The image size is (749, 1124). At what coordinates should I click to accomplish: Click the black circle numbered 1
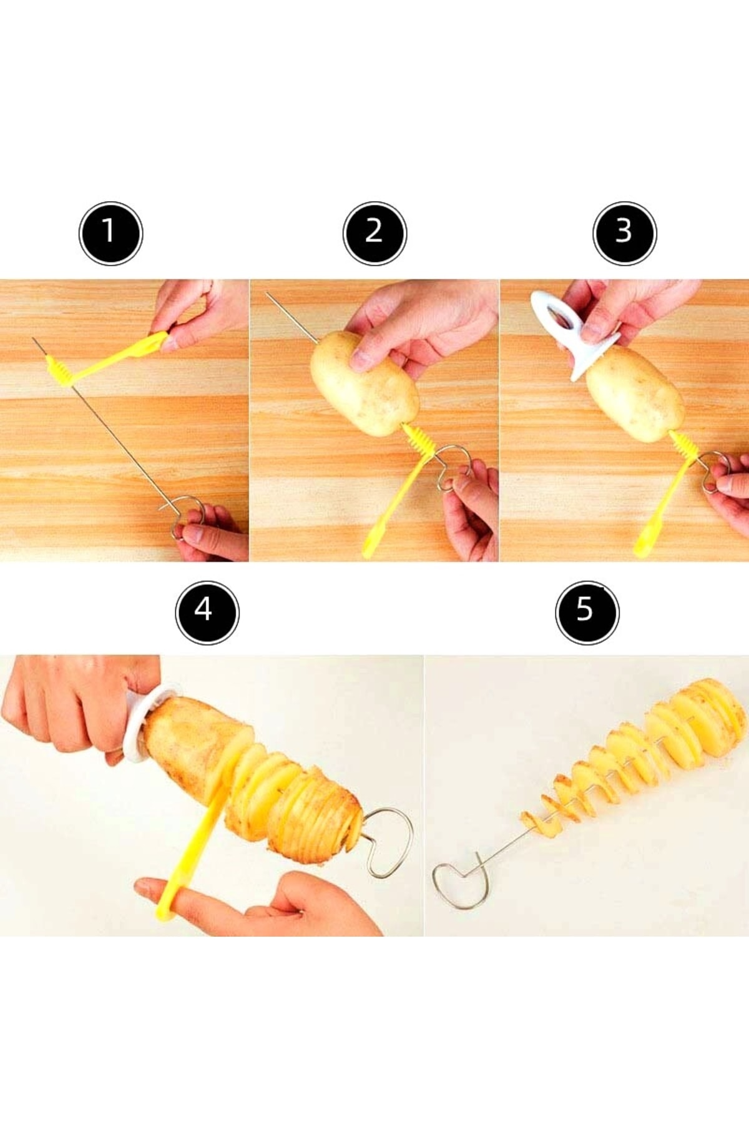(x=111, y=233)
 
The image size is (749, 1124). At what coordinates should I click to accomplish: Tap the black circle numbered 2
(x=374, y=233)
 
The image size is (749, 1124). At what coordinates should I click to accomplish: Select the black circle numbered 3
(x=624, y=233)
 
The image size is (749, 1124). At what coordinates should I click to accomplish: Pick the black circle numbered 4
(x=207, y=611)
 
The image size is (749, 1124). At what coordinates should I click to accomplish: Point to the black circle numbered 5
(x=587, y=611)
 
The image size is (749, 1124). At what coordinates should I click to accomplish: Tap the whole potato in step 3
(x=634, y=393)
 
